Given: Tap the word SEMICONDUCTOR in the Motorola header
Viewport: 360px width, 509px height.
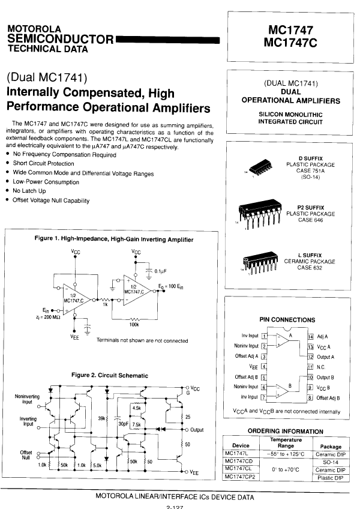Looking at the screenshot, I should tap(60, 40).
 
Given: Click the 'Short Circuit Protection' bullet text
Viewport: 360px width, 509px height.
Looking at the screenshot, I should tap(43, 163).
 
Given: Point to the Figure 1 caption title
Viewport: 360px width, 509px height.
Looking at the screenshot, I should tap(114, 239).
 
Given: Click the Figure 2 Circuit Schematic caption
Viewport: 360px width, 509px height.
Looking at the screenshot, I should tap(109, 375).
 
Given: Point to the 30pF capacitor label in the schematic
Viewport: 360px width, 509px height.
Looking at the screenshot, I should tap(124, 424).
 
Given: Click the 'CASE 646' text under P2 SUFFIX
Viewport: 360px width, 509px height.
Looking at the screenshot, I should tap(310, 220).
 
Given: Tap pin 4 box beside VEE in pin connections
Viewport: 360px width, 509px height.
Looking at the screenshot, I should tap(264, 366).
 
